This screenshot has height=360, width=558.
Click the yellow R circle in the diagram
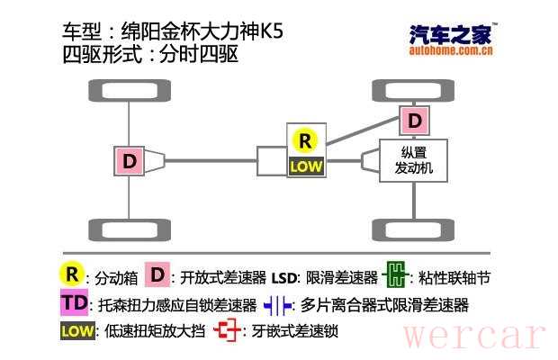305,141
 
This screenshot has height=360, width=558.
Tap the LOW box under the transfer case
306,166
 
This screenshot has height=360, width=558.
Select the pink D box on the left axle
130,161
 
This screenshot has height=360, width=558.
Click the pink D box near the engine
414,121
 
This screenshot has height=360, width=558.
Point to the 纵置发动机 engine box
413,161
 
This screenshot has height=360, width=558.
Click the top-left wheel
130,90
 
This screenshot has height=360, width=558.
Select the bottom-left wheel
130,229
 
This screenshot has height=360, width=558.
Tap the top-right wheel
413,90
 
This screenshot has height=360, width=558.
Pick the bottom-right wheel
413,229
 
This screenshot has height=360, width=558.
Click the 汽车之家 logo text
451,34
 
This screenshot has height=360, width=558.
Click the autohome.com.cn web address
451,50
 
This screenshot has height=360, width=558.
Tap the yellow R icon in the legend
72,274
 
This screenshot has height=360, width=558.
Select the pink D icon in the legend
157,274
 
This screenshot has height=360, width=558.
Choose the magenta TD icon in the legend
75,302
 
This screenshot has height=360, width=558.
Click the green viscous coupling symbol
395,274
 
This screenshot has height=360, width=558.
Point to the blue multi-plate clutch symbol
278,305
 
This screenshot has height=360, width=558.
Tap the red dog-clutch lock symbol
228,329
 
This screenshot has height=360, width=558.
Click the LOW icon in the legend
77,331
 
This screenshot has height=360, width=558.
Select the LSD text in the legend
283,278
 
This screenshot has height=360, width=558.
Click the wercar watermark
474,336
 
